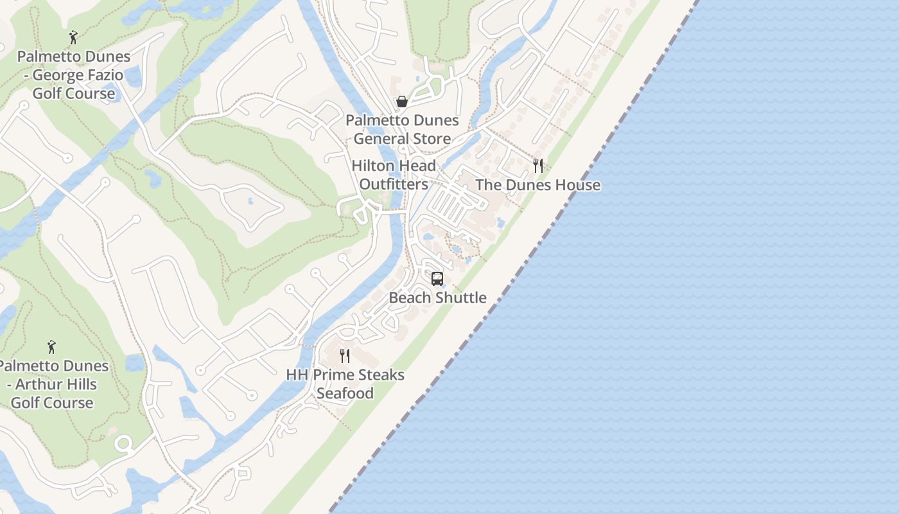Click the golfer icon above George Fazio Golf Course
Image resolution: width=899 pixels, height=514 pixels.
[x=73, y=37]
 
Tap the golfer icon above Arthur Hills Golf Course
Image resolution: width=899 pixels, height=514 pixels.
[x=51, y=347]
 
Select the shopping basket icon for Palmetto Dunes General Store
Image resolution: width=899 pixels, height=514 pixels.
[x=402, y=102]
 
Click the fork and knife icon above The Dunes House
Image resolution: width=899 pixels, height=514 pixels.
[x=538, y=166]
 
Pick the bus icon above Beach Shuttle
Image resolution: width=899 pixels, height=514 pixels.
[x=437, y=279]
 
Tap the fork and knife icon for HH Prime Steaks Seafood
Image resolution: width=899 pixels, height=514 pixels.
[x=345, y=356]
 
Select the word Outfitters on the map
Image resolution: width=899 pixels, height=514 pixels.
[x=394, y=184]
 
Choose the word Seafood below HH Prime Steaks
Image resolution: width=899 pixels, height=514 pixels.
[x=345, y=393]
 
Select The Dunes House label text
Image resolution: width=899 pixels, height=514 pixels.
[x=538, y=185]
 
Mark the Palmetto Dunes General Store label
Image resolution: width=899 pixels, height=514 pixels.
[x=402, y=129]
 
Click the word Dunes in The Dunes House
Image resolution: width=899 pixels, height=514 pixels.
[x=529, y=185]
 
